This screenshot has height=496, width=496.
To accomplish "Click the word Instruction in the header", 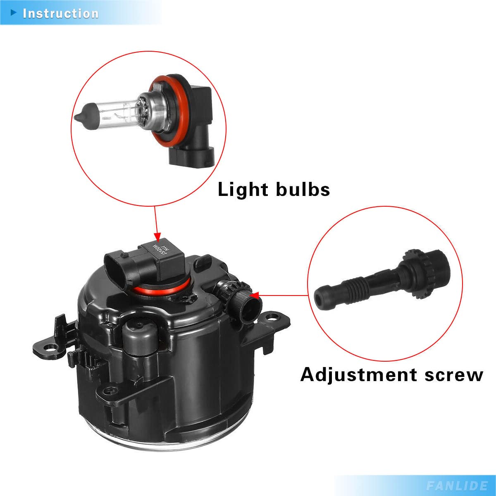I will click(61, 13).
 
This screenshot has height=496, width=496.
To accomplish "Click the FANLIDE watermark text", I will click(457, 485).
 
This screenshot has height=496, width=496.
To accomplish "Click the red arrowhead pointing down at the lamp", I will click(157, 237).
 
